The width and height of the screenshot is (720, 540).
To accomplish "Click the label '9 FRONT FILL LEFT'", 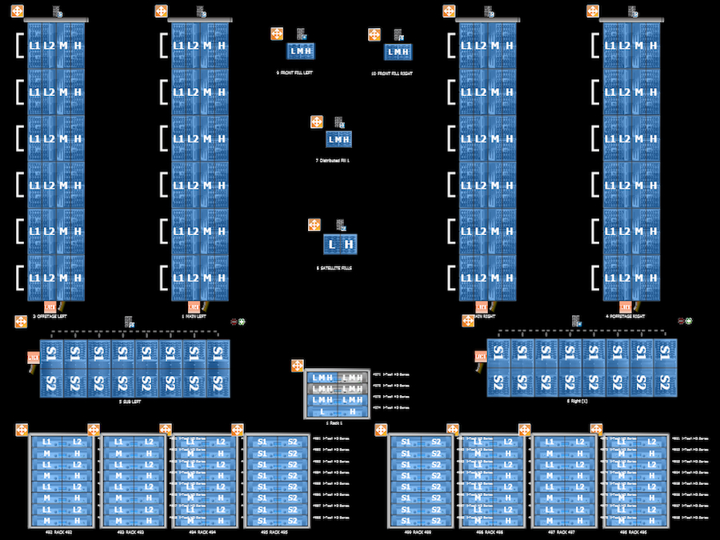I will (x=300, y=73).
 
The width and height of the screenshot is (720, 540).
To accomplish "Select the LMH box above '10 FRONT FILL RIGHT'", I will (x=398, y=52).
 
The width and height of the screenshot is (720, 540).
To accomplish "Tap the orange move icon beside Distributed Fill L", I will (x=317, y=122).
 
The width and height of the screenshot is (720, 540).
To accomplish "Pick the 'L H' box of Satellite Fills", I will (x=339, y=244).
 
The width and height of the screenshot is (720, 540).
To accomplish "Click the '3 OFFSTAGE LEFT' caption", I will (x=50, y=317).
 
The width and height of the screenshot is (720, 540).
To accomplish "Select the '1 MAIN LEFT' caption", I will (x=194, y=317).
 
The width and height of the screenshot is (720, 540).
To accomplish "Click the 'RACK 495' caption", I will (x=276, y=531).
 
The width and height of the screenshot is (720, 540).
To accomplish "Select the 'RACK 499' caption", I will (x=421, y=531).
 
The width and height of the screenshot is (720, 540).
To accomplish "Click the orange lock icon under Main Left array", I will (x=194, y=306).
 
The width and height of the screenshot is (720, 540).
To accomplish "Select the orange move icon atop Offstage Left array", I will (x=17, y=12).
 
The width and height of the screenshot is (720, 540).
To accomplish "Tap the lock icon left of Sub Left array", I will (x=33, y=358).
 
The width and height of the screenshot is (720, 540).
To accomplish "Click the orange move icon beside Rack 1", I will (x=298, y=366).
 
